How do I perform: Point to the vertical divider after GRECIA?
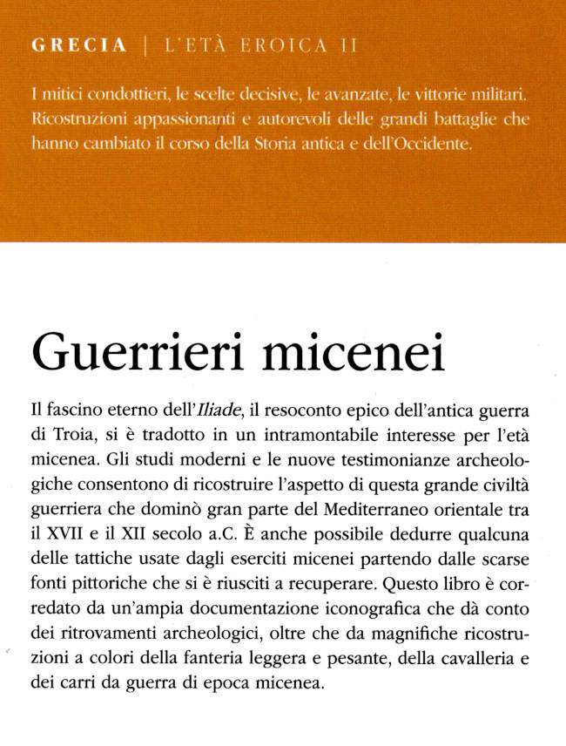[145, 46]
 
